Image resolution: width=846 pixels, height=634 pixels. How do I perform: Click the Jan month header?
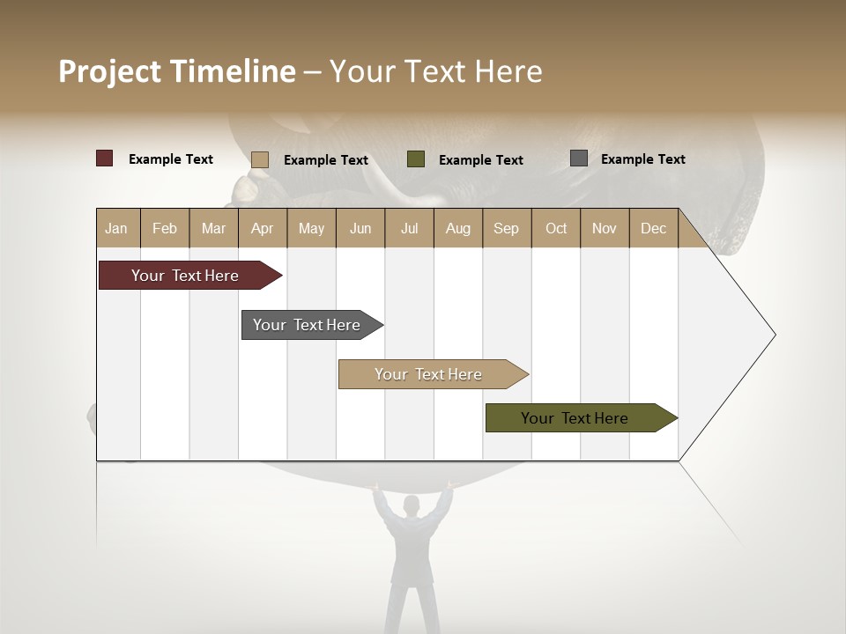coord(117,228)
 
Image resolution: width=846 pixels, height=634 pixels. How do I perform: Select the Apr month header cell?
coord(263,228)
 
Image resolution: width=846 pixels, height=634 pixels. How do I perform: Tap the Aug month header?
coord(458,228)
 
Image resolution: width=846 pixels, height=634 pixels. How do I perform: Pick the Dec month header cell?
coord(653,228)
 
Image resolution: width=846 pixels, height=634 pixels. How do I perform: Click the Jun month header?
coord(360,228)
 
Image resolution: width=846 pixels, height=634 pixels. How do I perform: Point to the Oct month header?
coord(556,228)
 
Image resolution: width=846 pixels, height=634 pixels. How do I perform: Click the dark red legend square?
coord(105,158)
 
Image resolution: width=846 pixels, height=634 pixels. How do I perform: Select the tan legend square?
coord(260,159)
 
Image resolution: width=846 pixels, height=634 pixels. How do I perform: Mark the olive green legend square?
coord(416,159)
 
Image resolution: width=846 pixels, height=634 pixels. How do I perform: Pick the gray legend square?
coord(579,158)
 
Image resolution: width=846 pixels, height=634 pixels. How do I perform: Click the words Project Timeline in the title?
coord(177,71)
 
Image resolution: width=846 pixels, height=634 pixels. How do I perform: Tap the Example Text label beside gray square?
coord(642,159)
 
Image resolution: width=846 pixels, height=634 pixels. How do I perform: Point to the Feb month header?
coord(165,228)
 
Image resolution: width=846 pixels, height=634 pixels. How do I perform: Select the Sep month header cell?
coord(506,228)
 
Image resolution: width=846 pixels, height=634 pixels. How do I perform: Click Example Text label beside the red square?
coord(171,159)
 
